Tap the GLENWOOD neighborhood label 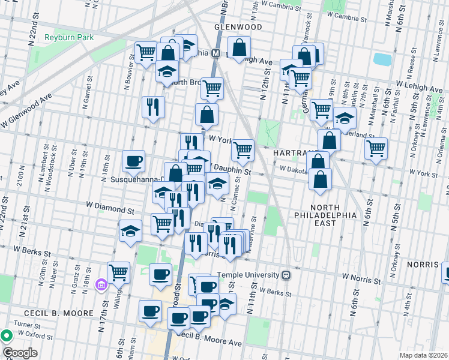(239, 28)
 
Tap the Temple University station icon (286, 275)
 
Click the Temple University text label (249, 275)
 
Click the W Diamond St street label (110, 211)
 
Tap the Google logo (20, 353)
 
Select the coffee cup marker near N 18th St (133, 160)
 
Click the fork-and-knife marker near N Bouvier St (153, 106)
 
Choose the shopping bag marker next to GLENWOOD (239, 47)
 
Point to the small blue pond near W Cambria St (381, 59)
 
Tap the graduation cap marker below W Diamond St (130, 231)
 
